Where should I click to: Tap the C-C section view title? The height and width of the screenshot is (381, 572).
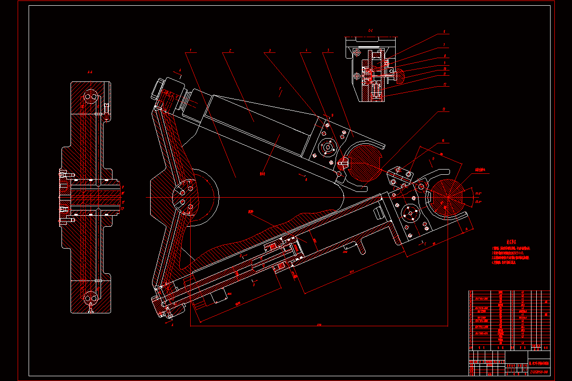[370, 30]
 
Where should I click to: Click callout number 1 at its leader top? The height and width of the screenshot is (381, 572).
[190, 50]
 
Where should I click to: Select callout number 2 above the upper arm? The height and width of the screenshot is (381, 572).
[230, 50]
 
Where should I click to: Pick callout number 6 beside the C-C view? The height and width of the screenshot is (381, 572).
[444, 32]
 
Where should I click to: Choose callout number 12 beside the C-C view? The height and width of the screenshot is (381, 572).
[444, 85]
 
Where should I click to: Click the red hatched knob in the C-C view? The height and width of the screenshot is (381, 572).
[399, 75]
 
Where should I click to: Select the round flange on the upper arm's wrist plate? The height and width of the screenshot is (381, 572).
[327, 148]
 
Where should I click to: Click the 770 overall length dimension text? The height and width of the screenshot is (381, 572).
[319, 325]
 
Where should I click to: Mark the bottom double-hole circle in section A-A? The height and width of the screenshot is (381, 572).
[90, 299]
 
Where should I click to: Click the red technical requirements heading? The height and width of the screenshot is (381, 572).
[511, 242]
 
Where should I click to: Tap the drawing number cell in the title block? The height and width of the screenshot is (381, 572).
[539, 371]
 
